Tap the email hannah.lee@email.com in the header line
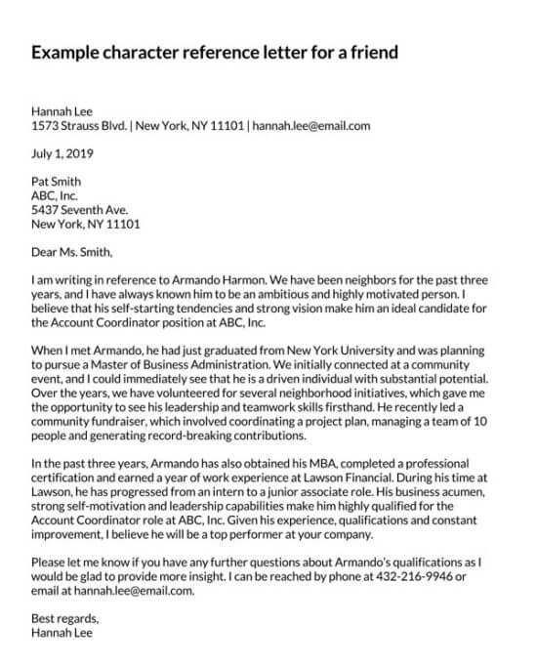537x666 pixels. pyautogui.click(x=311, y=126)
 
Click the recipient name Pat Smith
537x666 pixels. pyautogui.click(x=57, y=182)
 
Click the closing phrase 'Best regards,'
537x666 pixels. pyautogui.click(x=64, y=619)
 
